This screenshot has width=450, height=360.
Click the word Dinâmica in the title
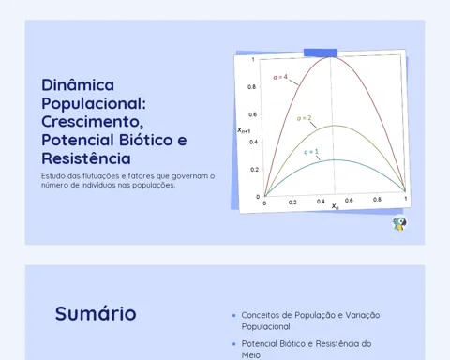coord(78,84)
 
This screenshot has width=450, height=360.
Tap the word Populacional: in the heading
coord(94,104)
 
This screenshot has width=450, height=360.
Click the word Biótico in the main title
coord(146,140)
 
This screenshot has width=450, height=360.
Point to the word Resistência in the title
coord(86,157)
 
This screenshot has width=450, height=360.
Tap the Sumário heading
coord(96,313)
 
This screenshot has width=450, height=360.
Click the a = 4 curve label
coord(280,77)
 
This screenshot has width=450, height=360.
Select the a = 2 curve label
coord(304,118)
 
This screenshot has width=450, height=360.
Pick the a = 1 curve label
coord(311,152)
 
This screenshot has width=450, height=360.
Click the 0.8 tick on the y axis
coord(251,87)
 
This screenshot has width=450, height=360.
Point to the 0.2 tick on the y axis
coord(254,170)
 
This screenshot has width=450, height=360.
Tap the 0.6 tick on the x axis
coord(349,201)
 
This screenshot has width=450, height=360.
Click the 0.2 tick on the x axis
coord(292,202)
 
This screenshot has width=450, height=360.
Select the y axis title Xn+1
coord(244,130)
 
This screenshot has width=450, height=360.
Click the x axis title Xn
coord(335,206)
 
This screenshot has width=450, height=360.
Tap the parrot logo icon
coord(399,223)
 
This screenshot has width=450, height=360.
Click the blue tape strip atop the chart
coord(321,52)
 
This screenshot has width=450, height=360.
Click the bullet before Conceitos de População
coord(234,316)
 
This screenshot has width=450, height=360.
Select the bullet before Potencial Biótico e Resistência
coord(234,344)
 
